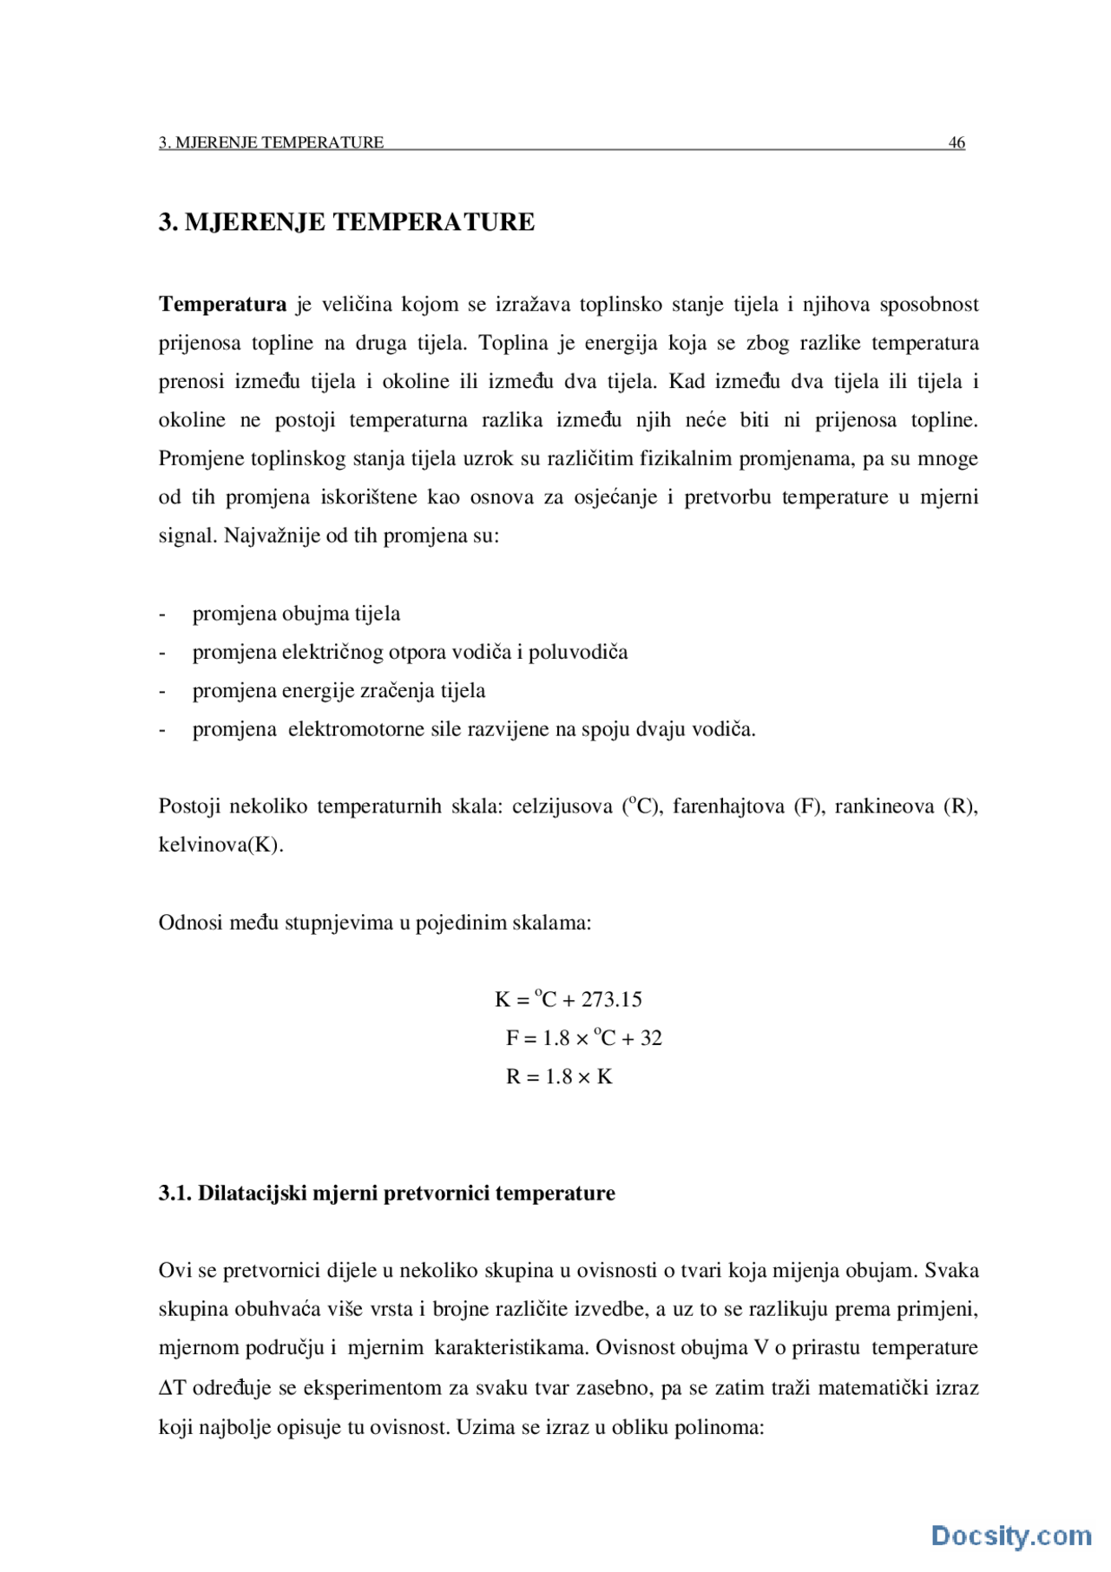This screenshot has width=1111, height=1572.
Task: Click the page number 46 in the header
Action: pos(957,142)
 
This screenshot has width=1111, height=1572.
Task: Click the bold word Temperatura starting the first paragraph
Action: pos(222,305)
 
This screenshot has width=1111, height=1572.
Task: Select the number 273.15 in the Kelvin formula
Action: pos(612,1000)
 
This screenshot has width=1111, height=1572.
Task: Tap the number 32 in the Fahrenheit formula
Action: pos(651,1038)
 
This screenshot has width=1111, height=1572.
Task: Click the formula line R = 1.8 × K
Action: pos(559,1077)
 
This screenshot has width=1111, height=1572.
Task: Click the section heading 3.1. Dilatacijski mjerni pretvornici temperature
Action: pos(386,1194)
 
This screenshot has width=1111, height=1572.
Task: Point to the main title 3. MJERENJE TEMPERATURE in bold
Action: pos(346,222)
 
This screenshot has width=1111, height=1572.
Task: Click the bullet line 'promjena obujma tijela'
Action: pos(296,614)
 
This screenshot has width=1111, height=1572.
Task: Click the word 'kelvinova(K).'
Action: pos(220,845)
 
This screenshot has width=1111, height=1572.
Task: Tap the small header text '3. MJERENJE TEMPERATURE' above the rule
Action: pos(271,142)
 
